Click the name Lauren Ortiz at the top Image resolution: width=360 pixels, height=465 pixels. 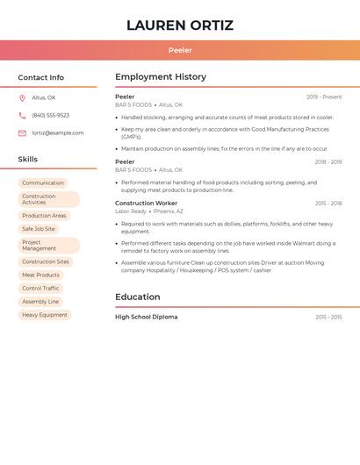tap(180, 25)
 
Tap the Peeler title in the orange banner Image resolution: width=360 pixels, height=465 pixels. tap(180, 51)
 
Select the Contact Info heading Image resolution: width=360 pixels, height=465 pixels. tap(41, 77)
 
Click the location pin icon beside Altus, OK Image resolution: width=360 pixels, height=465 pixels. tap(22, 98)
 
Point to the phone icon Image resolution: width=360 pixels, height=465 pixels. tap(22, 116)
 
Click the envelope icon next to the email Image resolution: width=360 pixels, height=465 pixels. tap(22, 133)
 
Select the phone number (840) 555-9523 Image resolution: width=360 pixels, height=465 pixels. tap(50, 116)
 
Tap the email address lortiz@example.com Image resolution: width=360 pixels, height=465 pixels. tap(58, 133)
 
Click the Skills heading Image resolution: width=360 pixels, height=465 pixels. tap(28, 160)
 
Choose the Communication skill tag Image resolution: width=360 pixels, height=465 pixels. tap(43, 183)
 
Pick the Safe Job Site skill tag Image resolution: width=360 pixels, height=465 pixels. tap(39, 229)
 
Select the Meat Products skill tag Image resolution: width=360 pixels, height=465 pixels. tap(40, 275)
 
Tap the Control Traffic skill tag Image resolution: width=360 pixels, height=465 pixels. tap(40, 289)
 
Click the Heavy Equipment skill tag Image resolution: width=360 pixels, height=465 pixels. tap(45, 315)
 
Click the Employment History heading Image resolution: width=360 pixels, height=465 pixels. tap(161, 77)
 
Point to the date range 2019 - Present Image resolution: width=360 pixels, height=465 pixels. tap(324, 97)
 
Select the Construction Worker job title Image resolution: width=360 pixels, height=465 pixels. tap(146, 204)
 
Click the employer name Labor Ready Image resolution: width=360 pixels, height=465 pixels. tap(131, 211)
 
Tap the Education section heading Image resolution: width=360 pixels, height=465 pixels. tap(138, 297)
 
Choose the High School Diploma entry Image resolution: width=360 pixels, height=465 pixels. tap(146, 317)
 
